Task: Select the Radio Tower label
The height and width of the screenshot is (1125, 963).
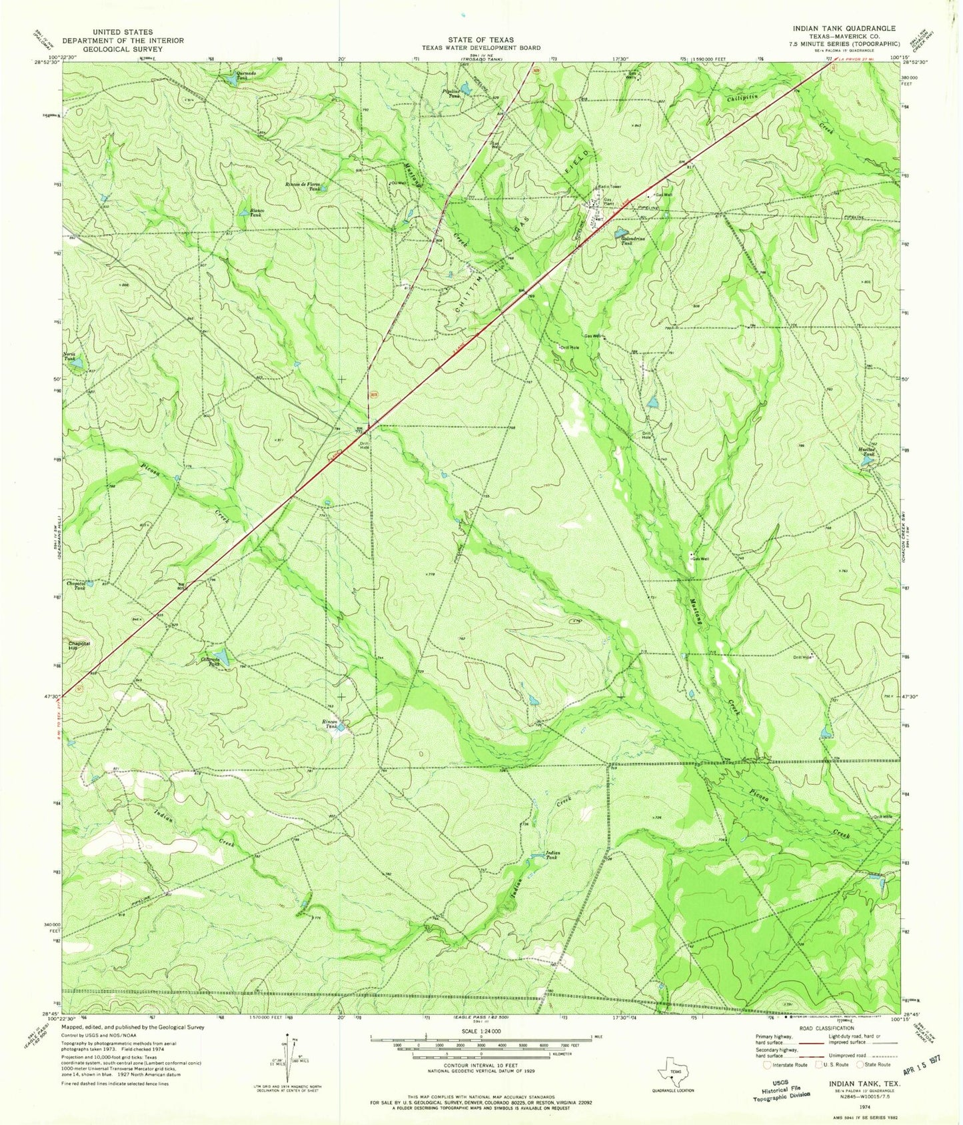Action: [x=608, y=187]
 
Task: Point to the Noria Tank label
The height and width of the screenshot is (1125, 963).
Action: [x=69, y=356]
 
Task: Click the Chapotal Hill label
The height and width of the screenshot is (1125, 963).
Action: [x=79, y=646]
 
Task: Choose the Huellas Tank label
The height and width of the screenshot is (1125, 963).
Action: [x=865, y=452]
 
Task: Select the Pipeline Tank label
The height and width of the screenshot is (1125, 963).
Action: [x=453, y=93]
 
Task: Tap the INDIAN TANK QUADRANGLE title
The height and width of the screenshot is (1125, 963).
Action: [x=844, y=29]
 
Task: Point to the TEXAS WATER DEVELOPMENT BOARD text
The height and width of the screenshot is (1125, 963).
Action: [x=481, y=48]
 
